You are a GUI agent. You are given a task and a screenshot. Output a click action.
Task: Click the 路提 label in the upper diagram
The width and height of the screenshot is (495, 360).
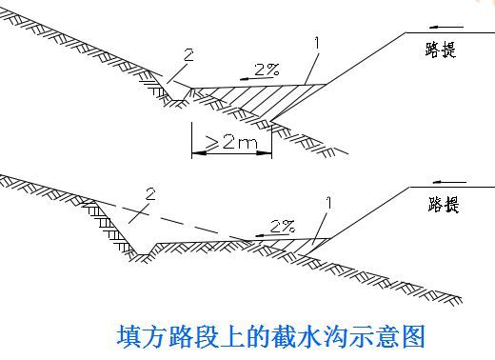441,50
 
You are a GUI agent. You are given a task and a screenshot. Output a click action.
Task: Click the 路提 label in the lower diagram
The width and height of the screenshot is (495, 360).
444,205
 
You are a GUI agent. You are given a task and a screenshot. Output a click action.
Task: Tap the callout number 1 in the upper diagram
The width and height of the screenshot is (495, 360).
317,43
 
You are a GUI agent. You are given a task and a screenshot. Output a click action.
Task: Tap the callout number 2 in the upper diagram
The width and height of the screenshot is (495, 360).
188,55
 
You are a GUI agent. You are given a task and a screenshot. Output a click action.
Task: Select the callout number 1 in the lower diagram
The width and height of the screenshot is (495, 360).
329,203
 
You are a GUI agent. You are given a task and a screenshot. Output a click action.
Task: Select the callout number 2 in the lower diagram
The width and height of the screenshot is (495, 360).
150,193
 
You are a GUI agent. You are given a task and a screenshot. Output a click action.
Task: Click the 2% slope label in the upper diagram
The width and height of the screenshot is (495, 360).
267,70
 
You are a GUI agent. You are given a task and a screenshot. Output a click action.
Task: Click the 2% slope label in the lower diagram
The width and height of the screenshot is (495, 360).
283,226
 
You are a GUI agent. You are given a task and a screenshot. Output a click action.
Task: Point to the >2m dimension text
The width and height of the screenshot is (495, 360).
231,142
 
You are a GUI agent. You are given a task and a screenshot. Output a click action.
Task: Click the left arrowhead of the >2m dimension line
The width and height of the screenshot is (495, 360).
199,153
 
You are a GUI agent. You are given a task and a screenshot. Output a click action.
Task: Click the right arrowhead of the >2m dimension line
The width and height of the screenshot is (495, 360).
265,153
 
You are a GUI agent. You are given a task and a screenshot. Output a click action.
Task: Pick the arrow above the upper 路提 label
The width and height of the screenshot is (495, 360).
446,28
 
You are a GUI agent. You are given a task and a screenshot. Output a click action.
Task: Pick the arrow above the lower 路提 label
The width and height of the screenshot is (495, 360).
449,182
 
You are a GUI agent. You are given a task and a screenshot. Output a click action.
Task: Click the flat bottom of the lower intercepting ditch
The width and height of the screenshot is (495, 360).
144,254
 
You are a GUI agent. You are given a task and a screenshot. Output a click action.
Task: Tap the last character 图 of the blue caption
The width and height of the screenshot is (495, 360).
413,336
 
